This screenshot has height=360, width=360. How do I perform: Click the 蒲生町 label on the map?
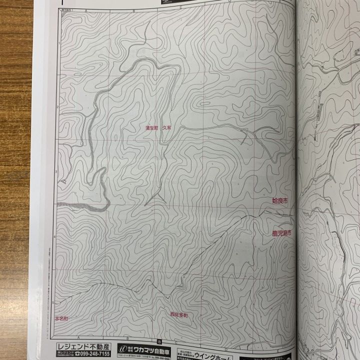pos(151,128)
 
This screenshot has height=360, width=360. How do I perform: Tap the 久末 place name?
pos(166,128)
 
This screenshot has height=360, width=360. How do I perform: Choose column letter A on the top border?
pos(85,10)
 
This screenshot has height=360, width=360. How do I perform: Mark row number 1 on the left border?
pos(58,44)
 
